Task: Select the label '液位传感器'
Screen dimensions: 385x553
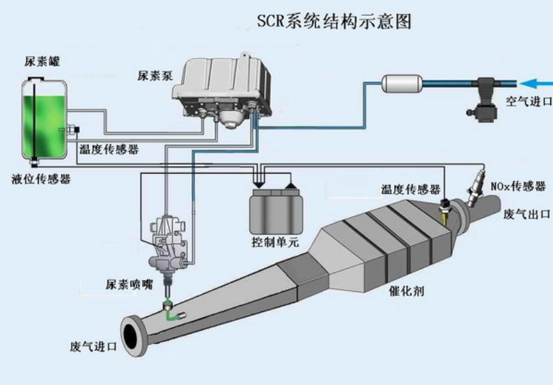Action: click(x=41, y=179)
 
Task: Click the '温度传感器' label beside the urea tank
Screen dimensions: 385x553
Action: click(x=109, y=150)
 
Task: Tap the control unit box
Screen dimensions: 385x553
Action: click(x=276, y=209)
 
